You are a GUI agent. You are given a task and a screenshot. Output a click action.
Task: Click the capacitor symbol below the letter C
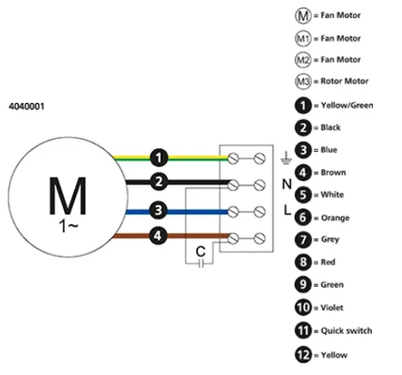pos(201,263)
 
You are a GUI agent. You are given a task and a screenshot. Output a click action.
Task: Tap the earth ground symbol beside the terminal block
pos(286,158)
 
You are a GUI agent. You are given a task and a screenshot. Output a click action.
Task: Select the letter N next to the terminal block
pos(286,185)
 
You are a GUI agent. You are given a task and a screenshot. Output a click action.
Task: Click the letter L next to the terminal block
pos(287,210)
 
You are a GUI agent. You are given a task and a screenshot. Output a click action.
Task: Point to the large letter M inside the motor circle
pos(68,196)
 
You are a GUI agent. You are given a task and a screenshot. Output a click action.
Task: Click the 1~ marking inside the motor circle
pos(68,226)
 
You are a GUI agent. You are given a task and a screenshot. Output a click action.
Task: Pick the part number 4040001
pos(26,106)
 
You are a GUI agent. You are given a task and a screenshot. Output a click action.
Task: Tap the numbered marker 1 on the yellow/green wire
pos(159,157)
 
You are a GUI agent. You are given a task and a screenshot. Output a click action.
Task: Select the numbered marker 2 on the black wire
pos(159,182)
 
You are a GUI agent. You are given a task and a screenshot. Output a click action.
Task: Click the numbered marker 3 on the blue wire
pos(159,210)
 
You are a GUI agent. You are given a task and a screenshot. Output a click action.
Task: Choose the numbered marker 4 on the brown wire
pos(158,235)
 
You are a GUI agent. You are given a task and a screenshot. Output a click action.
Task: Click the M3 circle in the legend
pos(303,82)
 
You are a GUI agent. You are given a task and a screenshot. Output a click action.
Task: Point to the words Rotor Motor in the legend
pos(345,82)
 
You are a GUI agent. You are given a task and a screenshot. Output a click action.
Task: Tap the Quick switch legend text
pos(347,331)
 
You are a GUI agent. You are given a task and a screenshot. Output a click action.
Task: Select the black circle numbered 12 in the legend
pos(303,354)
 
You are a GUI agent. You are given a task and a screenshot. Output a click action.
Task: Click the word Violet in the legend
pos(332,307)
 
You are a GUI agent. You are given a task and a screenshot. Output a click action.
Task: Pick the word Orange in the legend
pos(335,217)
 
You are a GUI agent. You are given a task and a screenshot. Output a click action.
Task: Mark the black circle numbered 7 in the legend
pos(303,240)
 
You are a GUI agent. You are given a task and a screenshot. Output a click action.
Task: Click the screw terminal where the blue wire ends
pos(233,212)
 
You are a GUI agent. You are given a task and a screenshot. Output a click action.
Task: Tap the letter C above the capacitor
pos(200,251)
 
